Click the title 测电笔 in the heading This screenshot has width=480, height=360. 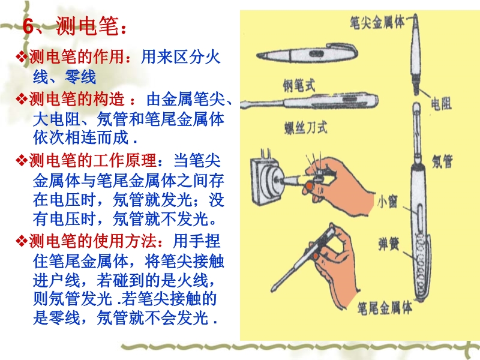pos(87,26)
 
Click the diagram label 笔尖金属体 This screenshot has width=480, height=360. pos(377,22)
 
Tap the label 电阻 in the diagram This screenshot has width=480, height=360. pos(441,103)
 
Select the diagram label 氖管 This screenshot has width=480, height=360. pos(442,161)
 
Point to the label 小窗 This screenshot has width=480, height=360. pos(387,202)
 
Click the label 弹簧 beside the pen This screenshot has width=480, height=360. pos(389,244)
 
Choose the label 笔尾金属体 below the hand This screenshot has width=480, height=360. pos(385,308)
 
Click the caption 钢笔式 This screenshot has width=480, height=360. pos(299,85)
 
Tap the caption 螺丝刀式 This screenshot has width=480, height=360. pos(306,127)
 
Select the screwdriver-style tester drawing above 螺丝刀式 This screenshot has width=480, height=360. pos(309,101)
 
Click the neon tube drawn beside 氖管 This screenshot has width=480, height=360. pos(416,133)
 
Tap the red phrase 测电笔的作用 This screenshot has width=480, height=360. pos(76,57)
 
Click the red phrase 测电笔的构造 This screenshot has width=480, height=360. pos(76,99)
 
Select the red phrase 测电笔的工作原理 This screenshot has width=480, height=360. pos(92,161)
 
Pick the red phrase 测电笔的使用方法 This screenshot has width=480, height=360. pos(92,242)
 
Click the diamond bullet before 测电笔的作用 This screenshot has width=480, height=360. pos(22,57)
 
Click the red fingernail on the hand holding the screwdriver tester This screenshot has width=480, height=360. pos(316,256)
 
